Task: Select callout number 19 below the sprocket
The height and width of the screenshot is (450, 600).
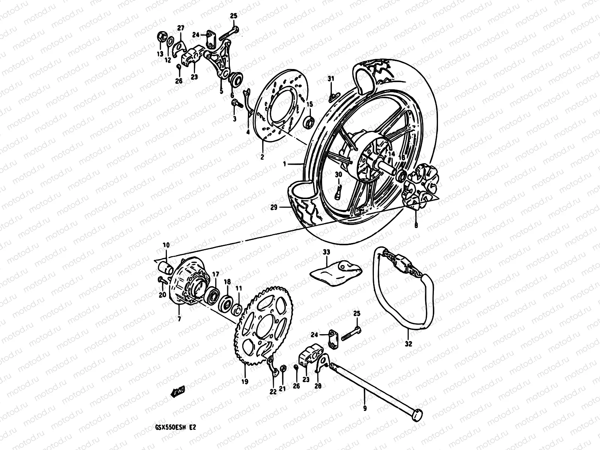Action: pos(245,382)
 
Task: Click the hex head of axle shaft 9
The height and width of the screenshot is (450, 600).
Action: pos(418,414)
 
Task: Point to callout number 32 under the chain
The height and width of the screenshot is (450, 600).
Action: pos(409,343)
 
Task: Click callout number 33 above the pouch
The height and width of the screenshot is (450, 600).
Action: pos(326,253)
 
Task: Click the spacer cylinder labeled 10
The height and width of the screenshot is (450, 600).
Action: pos(166,267)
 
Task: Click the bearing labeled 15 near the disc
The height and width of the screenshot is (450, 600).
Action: pos(309,121)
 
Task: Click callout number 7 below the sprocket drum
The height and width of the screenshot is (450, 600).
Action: pos(179,319)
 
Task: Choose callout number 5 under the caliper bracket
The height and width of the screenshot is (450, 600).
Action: pos(221,91)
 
